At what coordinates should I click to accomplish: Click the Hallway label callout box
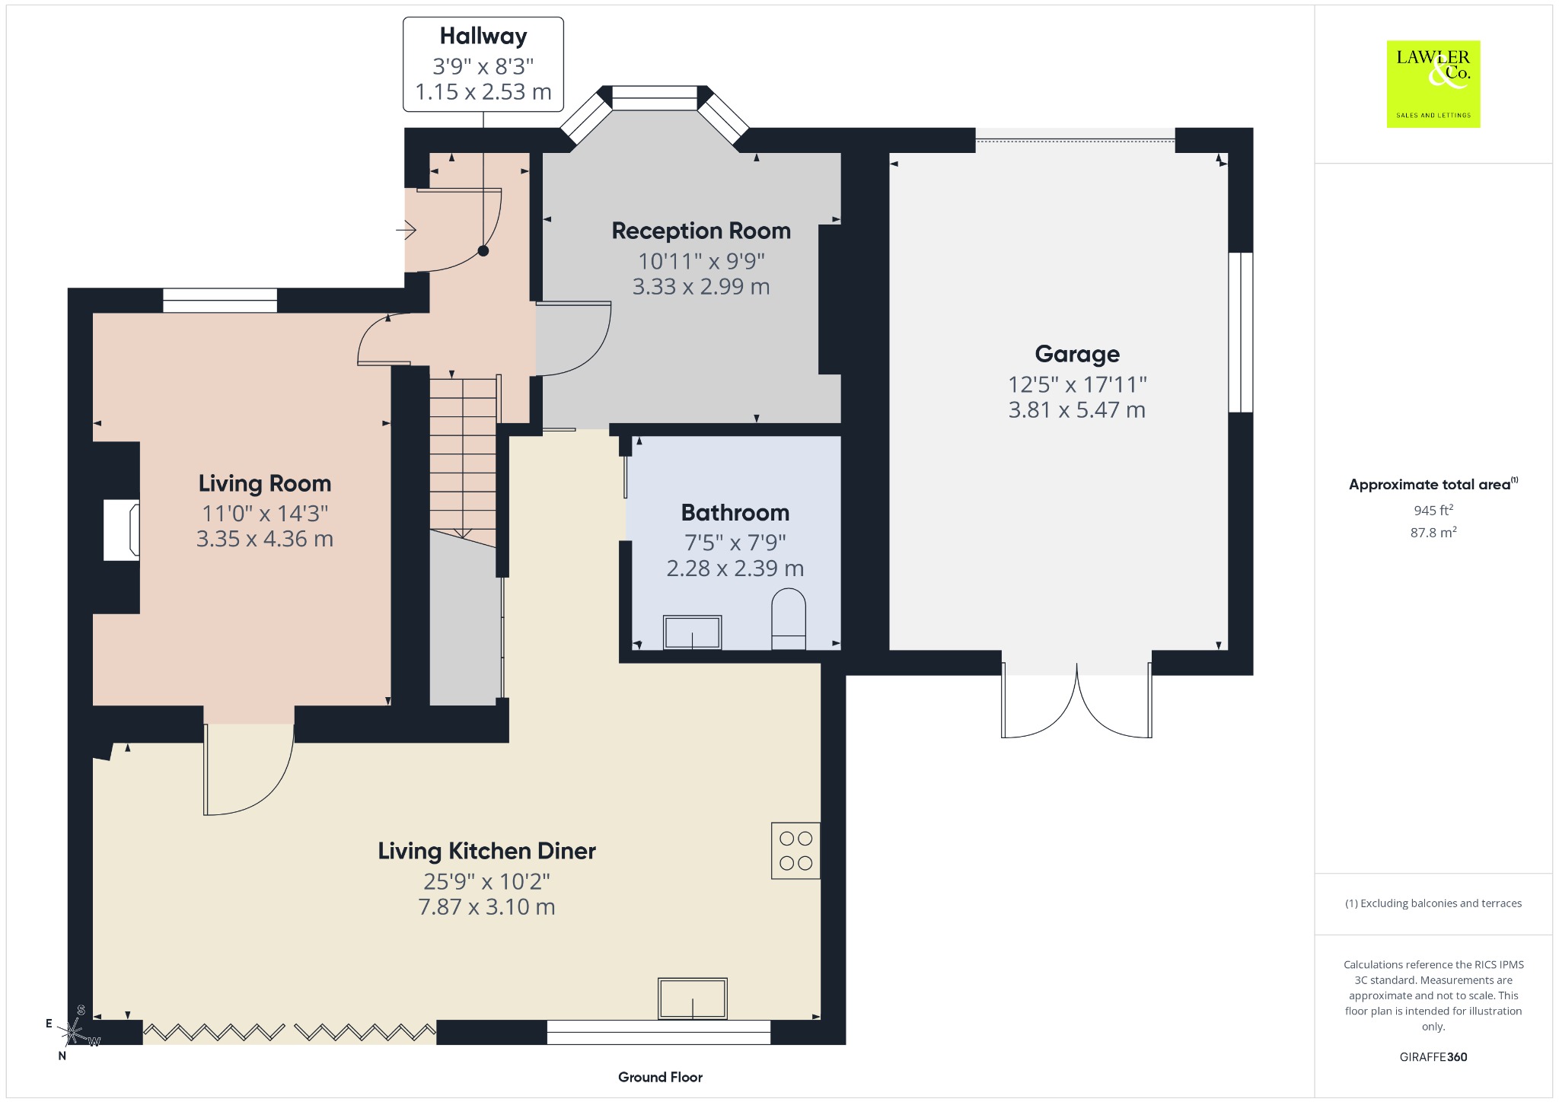point(483,65)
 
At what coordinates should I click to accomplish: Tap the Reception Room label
point(701,231)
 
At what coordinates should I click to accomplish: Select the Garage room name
point(1077,354)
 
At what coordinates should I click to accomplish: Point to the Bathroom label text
point(735,512)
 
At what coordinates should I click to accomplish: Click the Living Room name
point(265,483)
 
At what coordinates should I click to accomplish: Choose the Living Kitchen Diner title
point(486,851)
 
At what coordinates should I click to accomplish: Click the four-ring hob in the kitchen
point(795,851)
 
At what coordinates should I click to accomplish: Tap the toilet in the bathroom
point(789,618)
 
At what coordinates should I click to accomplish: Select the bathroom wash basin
point(692,632)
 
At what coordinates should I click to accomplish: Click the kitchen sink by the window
point(693,998)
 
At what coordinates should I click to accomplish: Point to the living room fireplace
point(122,530)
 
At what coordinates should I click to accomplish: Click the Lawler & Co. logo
point(1433,84)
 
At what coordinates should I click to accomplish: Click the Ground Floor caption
point(660,1077)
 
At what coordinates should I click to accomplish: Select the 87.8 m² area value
point(1433,532)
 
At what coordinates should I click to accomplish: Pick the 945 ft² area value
point(1433,510)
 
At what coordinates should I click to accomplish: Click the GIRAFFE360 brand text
point(1433,1056)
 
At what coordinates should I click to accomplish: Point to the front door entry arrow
point(406,228)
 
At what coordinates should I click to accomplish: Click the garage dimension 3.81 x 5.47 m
point(1077,410)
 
